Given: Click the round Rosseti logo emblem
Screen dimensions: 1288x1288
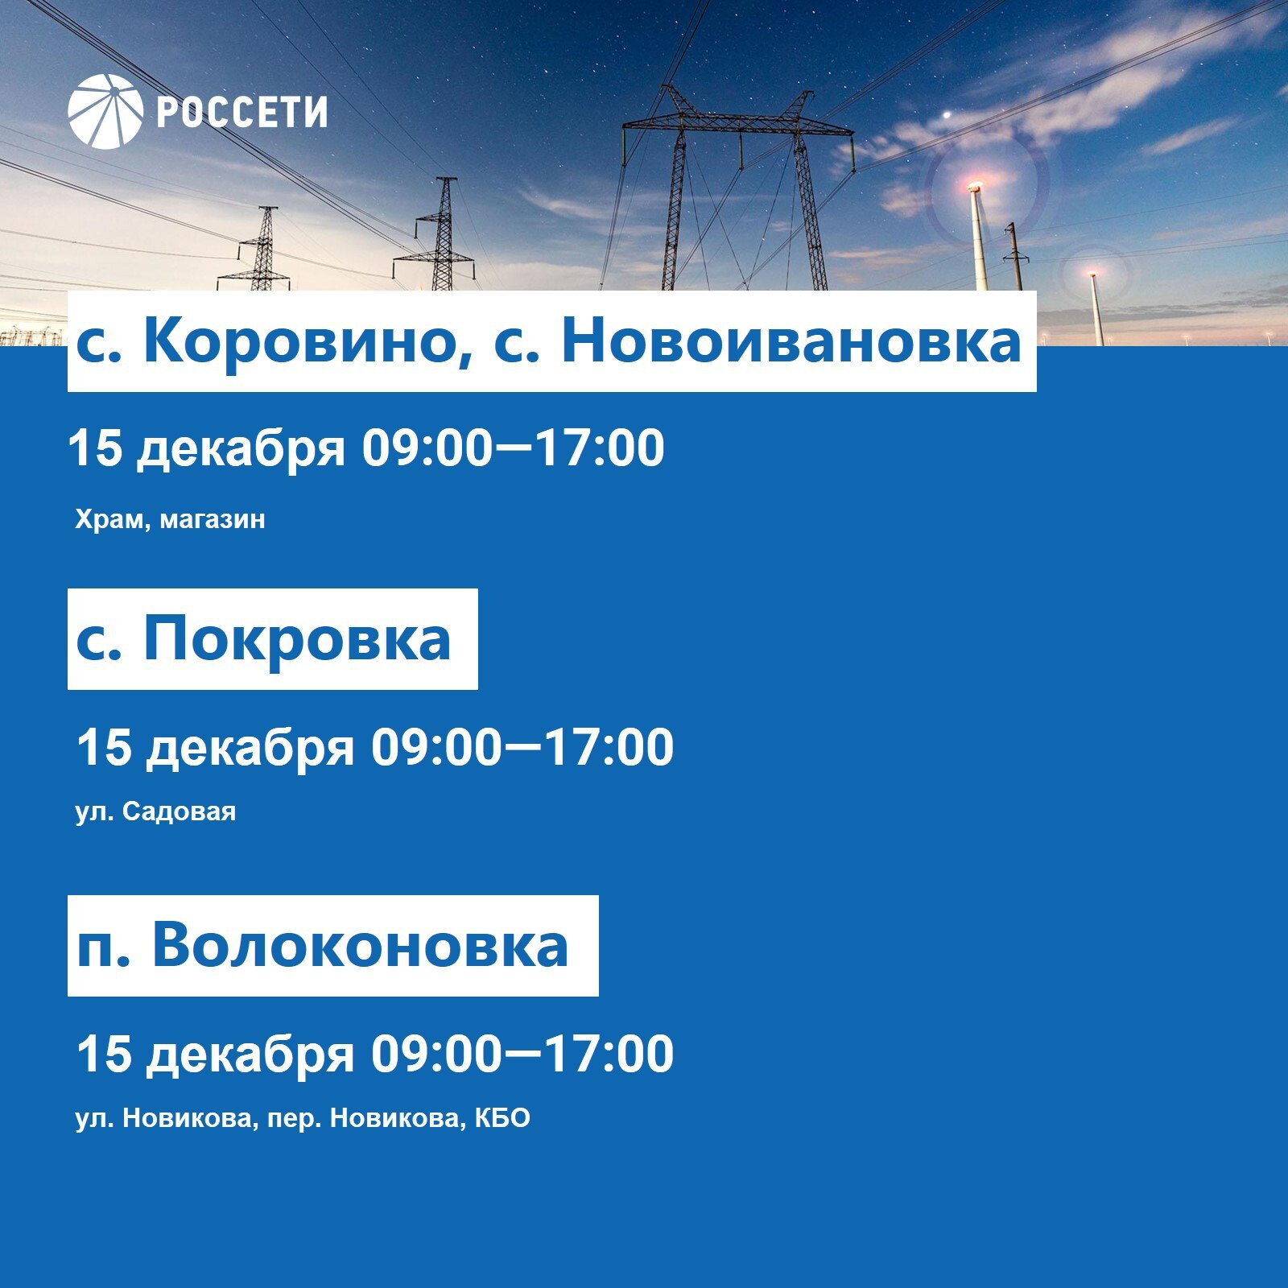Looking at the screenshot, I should pos(105,111).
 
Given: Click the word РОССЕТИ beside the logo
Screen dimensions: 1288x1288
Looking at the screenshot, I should pos(242,112).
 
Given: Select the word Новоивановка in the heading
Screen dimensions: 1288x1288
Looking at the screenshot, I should pos(791,341).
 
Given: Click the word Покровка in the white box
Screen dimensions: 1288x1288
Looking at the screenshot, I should pos(296,640).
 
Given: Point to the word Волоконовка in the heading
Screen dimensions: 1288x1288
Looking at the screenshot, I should pos(360,945).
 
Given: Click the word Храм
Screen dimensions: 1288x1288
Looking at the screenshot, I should pos(109,519).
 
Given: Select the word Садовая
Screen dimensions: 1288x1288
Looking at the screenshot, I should pos(180,811).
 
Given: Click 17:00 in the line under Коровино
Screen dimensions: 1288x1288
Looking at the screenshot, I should pos(600,448).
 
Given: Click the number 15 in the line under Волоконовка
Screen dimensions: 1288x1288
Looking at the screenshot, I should pos(104,1054).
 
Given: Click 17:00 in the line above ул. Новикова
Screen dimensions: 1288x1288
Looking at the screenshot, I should pos(609,1054).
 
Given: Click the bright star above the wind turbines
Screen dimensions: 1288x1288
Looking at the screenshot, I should pos(947,114).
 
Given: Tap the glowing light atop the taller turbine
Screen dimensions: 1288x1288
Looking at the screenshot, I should pos(974,188).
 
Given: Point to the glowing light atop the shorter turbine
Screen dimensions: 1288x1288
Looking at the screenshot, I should pos(1092,275).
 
